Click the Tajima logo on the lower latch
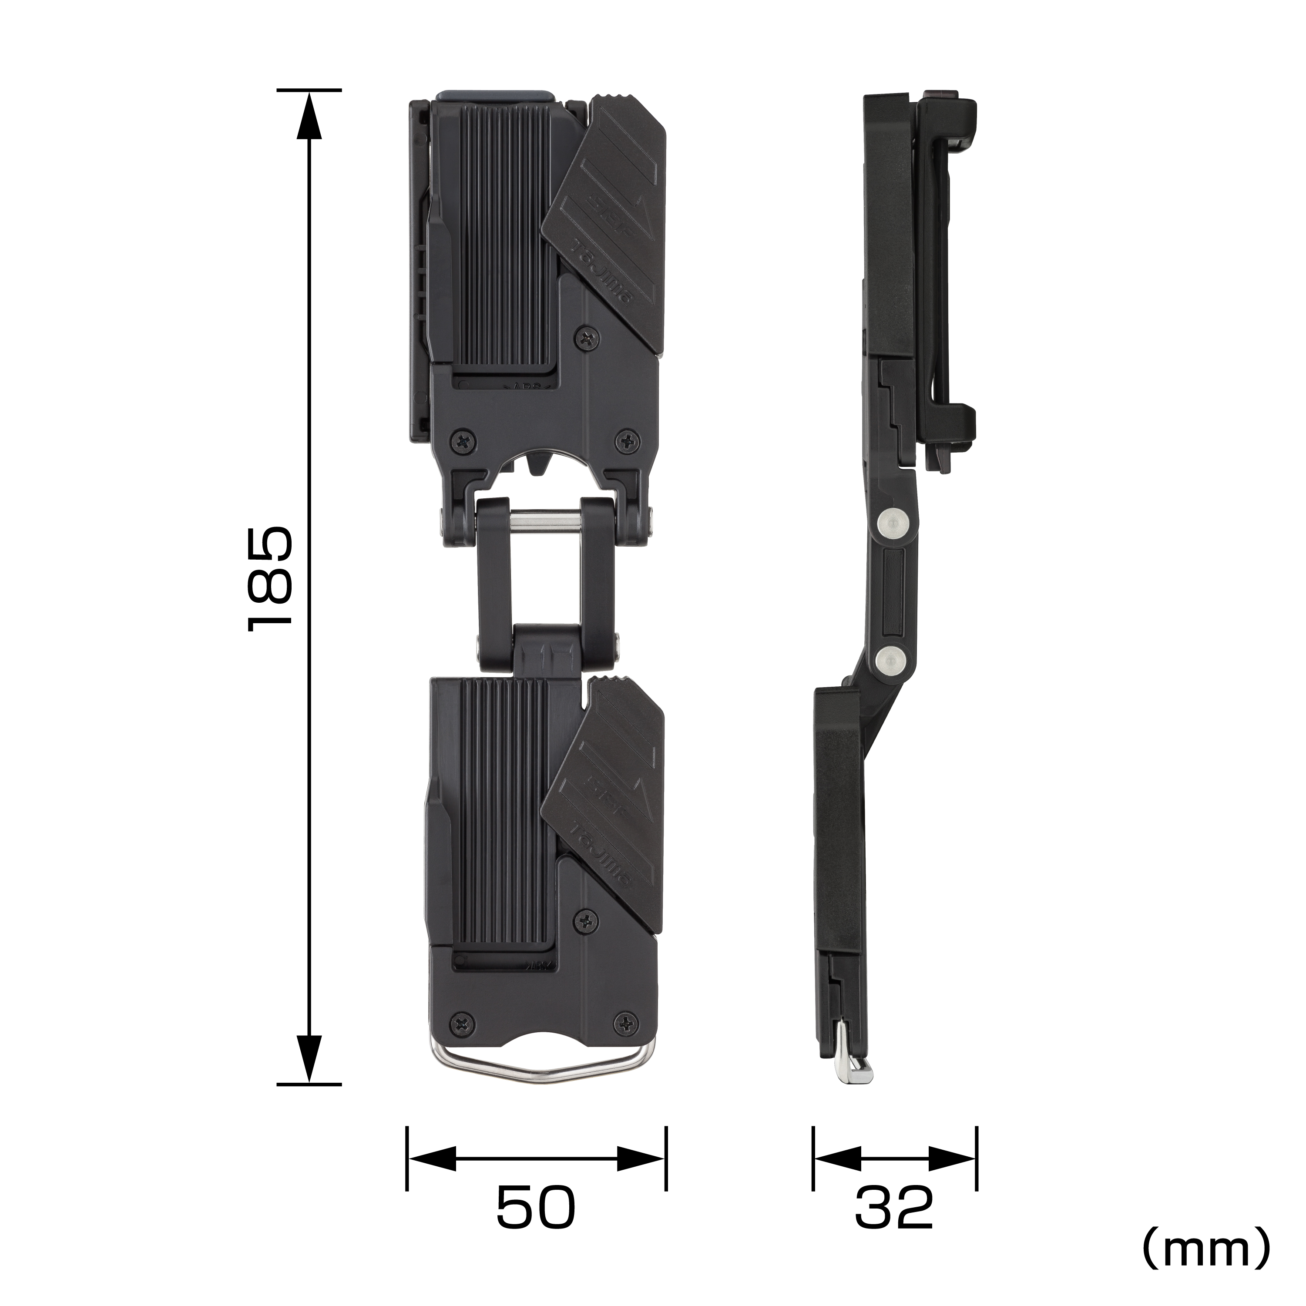tap(601, 852)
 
